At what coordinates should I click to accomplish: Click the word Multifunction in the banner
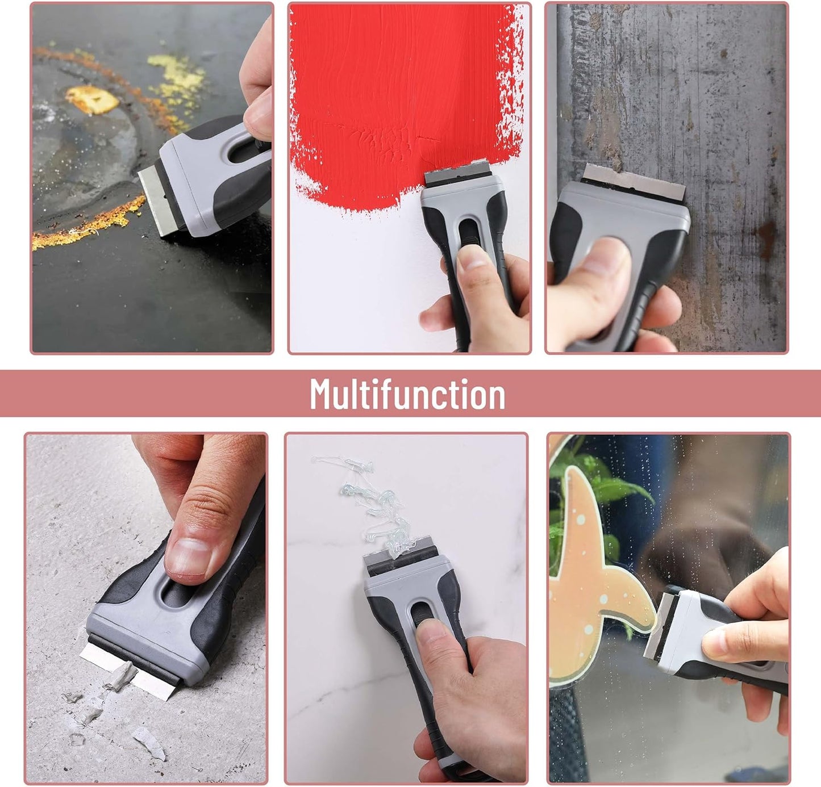tap(407, 394)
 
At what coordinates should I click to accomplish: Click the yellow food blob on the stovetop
tap(92, 99)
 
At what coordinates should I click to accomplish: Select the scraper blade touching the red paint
tap(457, 172)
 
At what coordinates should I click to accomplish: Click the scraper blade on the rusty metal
tap(634, 181)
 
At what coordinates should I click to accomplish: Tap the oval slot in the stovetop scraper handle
tap(243, 150)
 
